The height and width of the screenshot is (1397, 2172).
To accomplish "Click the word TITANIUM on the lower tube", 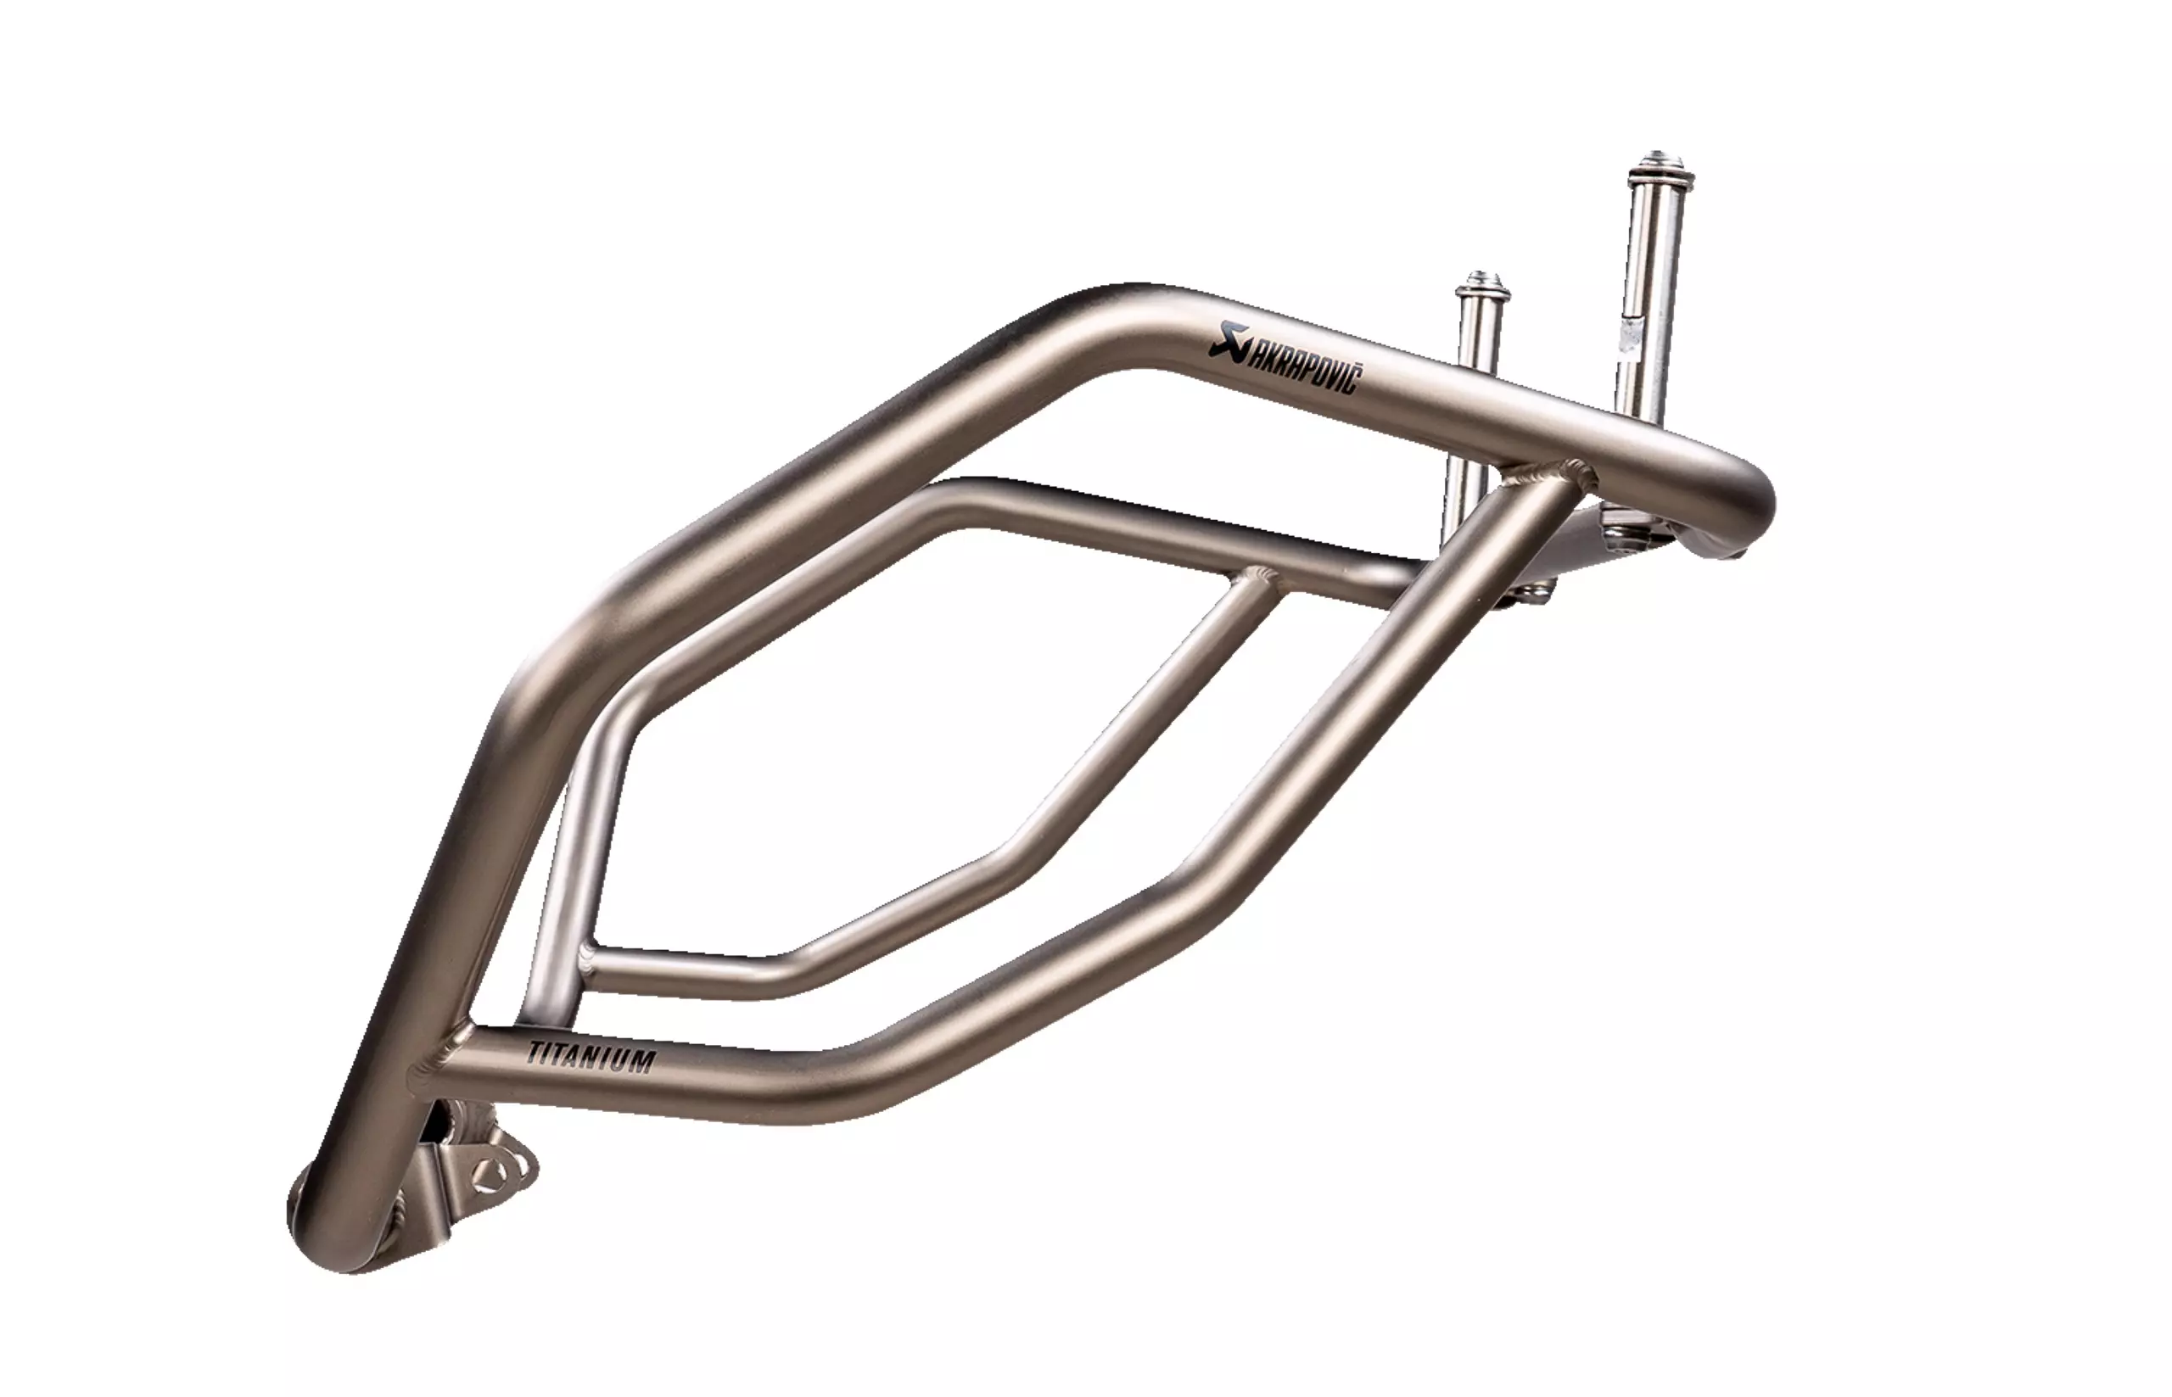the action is coord(591,1056).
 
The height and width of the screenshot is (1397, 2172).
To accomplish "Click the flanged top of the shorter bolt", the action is coord(1482,288).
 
